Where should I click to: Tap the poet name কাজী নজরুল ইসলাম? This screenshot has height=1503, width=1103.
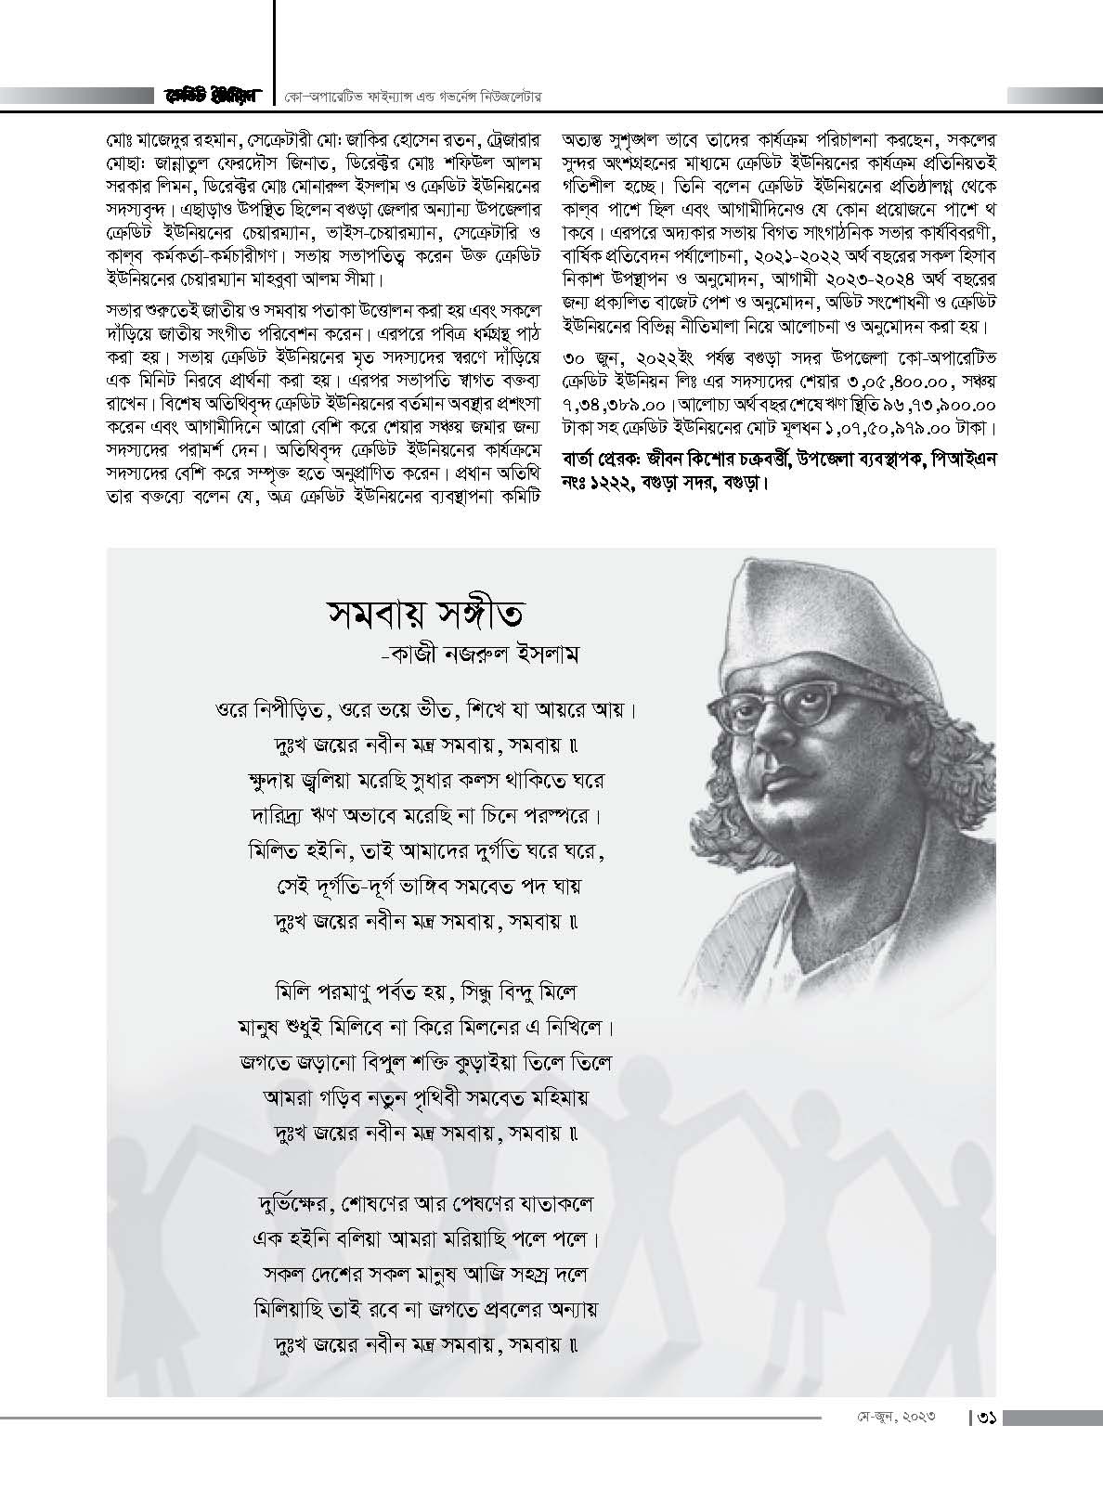pyautogui.click(x=487, y=654)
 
